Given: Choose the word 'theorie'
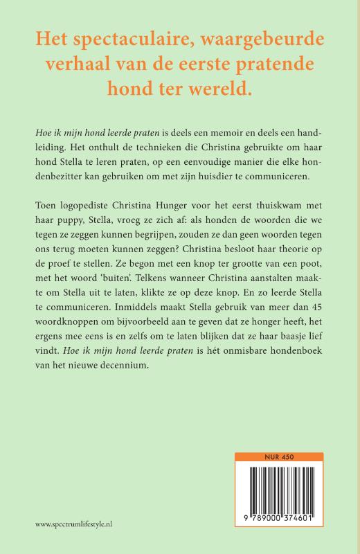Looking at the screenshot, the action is click(x=291, y=256).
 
